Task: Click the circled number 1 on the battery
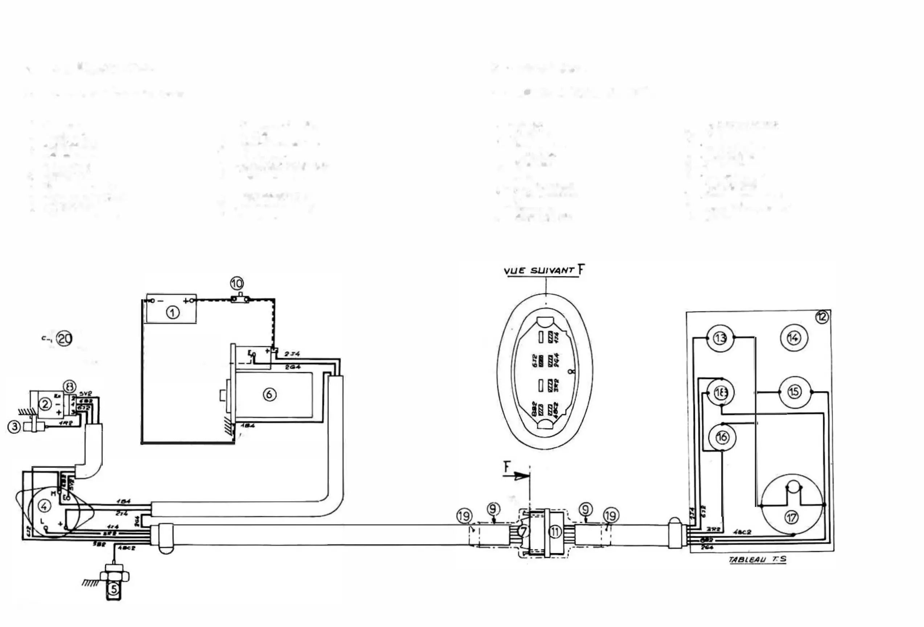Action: [x=173, y=313]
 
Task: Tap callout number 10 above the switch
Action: [x=237, y=283]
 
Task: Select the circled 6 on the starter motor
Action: [x=270, y=394]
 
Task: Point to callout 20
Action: [x=65, y=339]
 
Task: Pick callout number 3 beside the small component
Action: [x=14, y=427]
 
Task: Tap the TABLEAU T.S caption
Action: [x=757, y=560]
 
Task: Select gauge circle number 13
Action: [x=720, y=338]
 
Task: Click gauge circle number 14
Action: [x=794, y=338]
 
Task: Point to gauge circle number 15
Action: [x=794, y=392]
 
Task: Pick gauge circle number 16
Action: [x=722, y=437]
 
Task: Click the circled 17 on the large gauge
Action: [x=791, y=517]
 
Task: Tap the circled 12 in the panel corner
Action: [x=822, y=317]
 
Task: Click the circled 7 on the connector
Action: [x=523, y=531]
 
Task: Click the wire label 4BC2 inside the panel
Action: [x=742, y=532]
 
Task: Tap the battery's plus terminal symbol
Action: [x=186, y=300]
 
